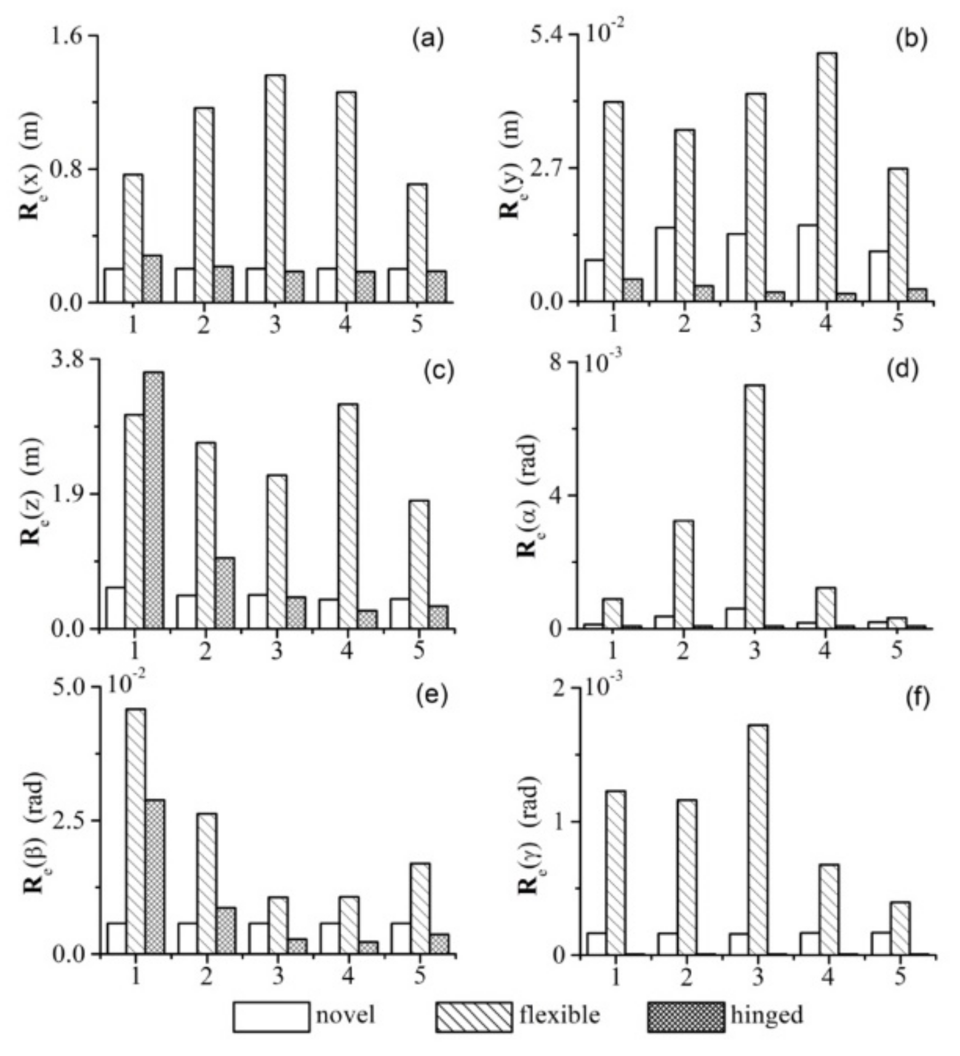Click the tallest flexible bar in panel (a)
(x=275, y=188)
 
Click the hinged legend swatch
(x=686, y=1016)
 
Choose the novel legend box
(x=271, y=1016)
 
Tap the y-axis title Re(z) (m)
(x=32, y=492)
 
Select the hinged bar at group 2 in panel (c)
(x=225, y=593)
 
